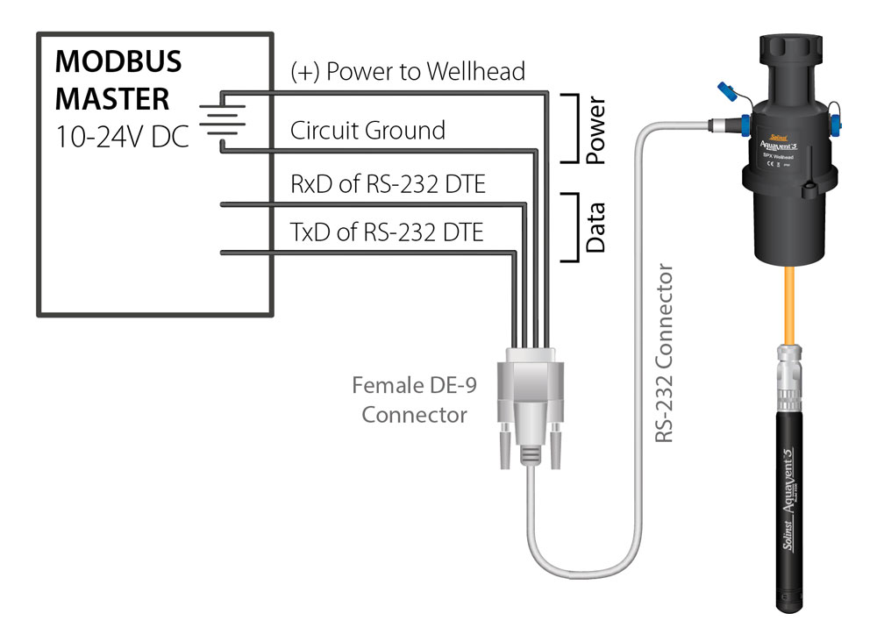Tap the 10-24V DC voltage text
(x=122, y=137)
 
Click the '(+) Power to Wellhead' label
(x=408, y=71)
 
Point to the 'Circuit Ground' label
(x=367, y=131)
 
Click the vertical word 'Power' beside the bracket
(x=595, y=131)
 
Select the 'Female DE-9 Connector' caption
(x=410, y=399)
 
